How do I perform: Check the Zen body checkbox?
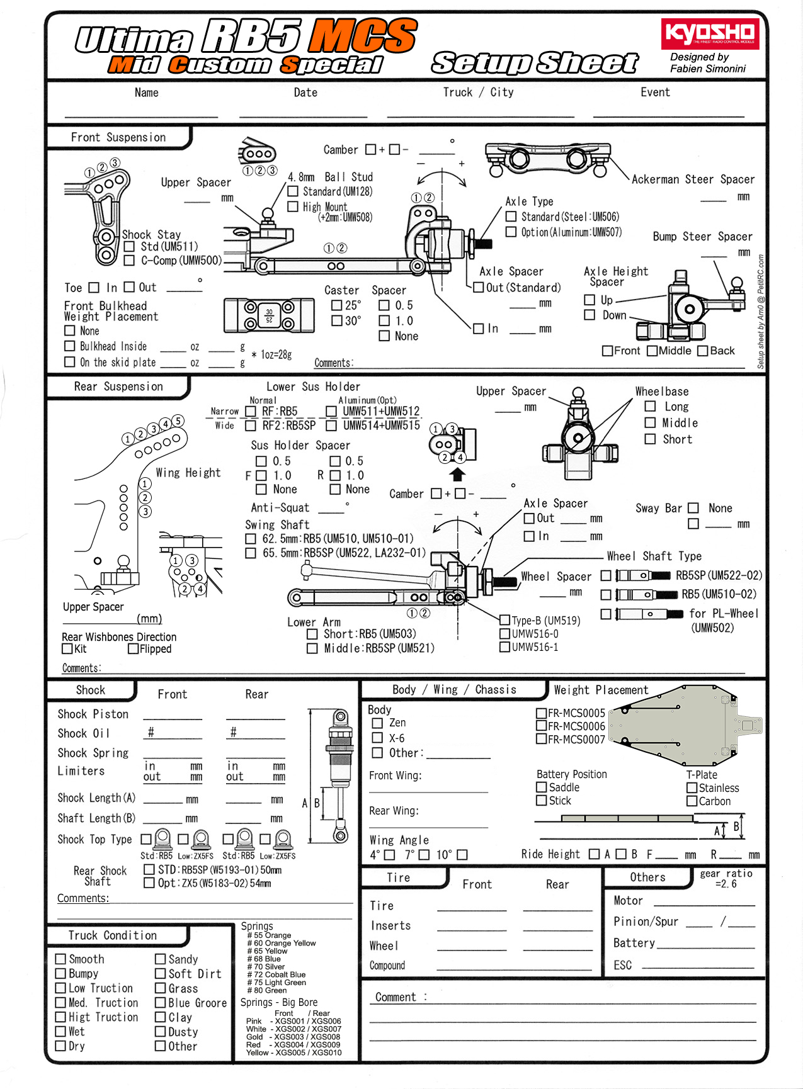[377, 723]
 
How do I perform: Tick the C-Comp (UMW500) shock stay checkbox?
[129, 260]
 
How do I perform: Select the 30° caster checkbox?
[337, 320]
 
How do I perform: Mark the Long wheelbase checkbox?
[650, 407]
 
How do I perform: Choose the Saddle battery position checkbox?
[541, 787]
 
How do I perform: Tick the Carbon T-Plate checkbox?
[692, 801]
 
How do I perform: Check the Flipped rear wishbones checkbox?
[133, 648]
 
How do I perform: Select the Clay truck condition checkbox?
[160, 1017]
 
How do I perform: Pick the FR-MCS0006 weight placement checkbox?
[541, 726]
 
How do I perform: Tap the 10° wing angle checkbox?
[462, 855]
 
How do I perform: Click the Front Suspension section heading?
[118, 137]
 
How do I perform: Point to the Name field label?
[146, 93]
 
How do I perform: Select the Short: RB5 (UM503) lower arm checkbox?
[312, 634]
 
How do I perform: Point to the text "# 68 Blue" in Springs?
[264, 959]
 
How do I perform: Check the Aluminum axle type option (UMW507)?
[511, 232]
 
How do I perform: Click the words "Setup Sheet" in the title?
[535, 63]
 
